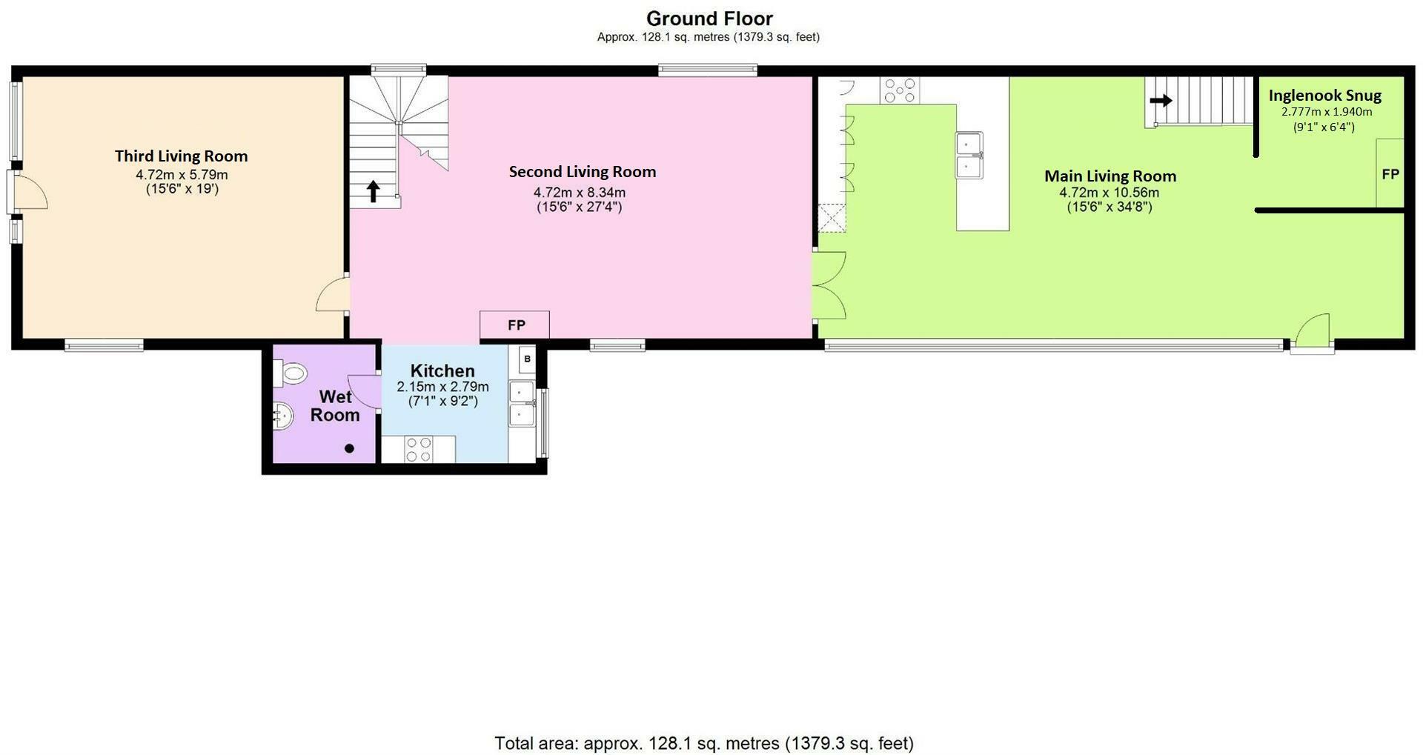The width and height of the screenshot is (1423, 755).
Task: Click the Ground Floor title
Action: (709, 19)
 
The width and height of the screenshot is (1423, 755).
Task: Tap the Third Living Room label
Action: (181, 156)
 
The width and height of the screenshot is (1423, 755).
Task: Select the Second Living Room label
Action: (582, 171)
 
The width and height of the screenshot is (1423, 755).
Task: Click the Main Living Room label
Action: (1109, 176)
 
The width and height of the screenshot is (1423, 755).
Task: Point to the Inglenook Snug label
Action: (1324, 96)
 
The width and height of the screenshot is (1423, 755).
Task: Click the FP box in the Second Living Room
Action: (516, 325)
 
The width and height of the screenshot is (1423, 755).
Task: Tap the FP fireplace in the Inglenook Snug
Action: (1390, 174)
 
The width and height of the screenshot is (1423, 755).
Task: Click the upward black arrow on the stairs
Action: (374, 192)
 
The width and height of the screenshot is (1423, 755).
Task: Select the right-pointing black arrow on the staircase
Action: (1161, 100)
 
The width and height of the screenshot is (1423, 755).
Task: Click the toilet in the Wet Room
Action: (290, 373)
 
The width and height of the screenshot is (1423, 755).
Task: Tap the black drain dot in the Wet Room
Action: (350, 448)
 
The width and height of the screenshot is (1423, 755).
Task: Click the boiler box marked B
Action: (527, 359)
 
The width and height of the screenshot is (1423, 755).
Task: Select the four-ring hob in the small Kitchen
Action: (419, 450)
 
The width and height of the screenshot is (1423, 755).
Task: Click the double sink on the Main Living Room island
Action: (969, 155)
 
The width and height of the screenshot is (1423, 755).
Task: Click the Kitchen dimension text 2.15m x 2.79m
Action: (442, 387)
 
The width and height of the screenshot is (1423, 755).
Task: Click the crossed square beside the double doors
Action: (831, 219)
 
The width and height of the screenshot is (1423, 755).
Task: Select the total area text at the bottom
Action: (703, 743)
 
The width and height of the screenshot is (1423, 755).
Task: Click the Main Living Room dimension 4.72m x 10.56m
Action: (1109, 193)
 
